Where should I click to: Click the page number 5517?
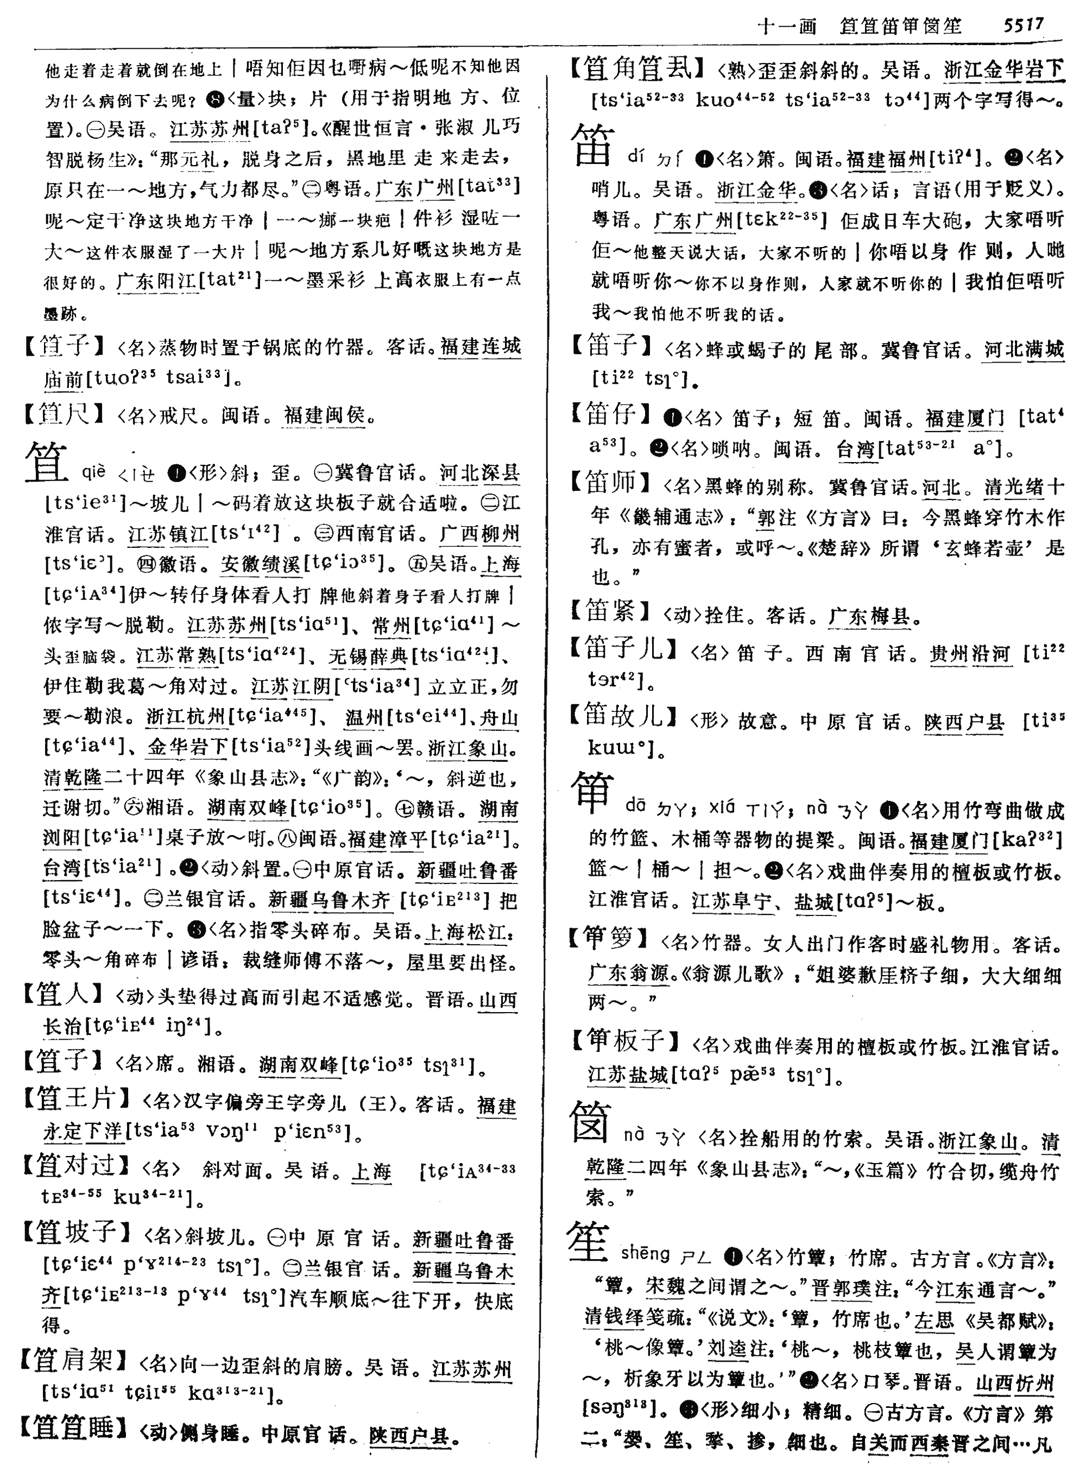1023,25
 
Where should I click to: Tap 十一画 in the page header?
786,26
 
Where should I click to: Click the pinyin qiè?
93,471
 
